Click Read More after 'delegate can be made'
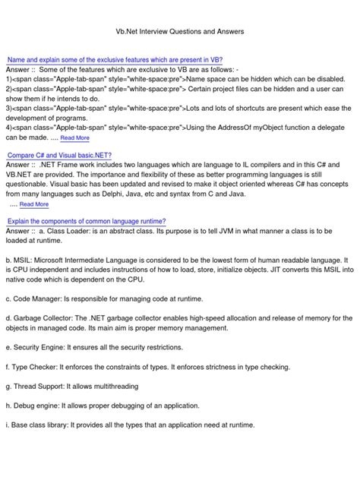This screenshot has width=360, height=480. point(74,138)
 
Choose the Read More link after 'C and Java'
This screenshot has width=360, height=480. point(34,204)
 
